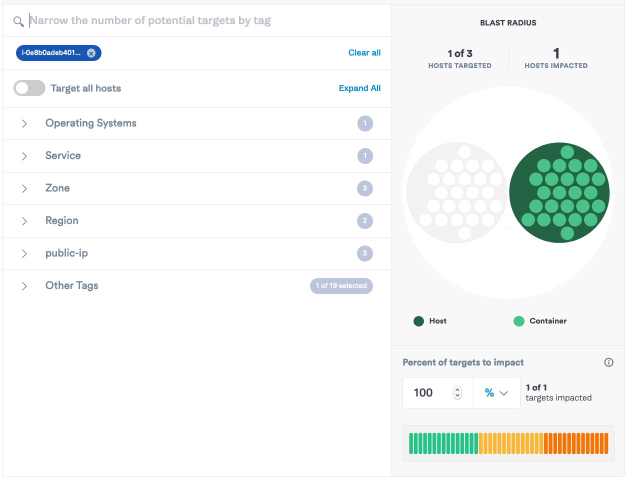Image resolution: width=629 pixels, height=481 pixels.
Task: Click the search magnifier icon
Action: [x=18, y=21]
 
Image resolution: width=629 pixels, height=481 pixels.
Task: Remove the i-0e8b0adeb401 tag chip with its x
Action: [x=91, y=53]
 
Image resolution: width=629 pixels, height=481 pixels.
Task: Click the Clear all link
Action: [x=364, y=52]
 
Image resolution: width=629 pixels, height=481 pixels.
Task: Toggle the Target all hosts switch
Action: [x=29, y=88]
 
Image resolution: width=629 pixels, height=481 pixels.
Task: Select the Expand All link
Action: [x=359, y=88]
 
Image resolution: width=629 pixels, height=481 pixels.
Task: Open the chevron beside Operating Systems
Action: [x=24, y=123]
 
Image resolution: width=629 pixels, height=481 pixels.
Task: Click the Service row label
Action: [x=63, y=155]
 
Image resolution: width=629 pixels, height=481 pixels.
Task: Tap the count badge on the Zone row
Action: [x=364, y=188]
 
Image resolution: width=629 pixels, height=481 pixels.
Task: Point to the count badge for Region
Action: [x=364, y=221]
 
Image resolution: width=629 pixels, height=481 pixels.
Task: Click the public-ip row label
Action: [x=66, y=253]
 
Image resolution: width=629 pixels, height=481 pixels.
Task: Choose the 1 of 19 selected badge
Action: [x=341, y=286]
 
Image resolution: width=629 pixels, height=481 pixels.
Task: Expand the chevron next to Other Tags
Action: [x=24, y=286]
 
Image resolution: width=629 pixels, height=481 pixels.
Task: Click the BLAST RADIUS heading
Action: [x=508, y=23]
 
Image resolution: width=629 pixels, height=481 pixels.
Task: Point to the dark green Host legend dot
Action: [x=418, y=321]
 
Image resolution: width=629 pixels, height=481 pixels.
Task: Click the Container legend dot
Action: [x=518, y=321]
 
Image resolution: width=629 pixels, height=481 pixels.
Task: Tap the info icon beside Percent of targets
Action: [x=608, y=362]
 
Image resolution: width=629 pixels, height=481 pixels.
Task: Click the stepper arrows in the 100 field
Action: [x=457, y=393]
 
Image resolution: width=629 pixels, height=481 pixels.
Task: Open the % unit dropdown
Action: [x=496, y=393]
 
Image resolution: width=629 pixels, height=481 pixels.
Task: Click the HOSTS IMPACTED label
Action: [x=555, y=65]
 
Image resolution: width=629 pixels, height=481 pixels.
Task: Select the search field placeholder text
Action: [x=150, y=20]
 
